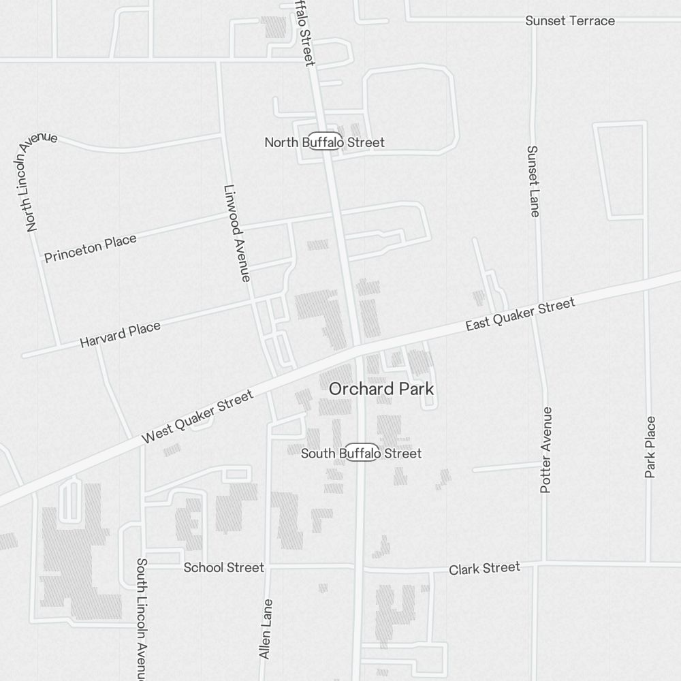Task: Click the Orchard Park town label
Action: click(x=381, y=389)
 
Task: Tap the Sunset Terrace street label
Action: click(x=570, y=21)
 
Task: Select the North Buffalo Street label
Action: click(x=324, y=142)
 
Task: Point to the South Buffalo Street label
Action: click(x=362, y=454)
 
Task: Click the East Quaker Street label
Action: click(x=521, y=315)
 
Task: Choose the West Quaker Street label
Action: click(x=197, y=417)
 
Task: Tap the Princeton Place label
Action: click(x=91, y=249)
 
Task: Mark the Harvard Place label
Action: click(x=121, y=335)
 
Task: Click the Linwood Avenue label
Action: click(x=237, y=234)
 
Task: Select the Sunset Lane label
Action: click(x=533, y=181)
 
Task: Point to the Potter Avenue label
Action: click(x=546, y=450)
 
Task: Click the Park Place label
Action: click(x=650, y=447)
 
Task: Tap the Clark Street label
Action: click(x=484, y=568)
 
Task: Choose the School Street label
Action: click(x=223, y=567)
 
